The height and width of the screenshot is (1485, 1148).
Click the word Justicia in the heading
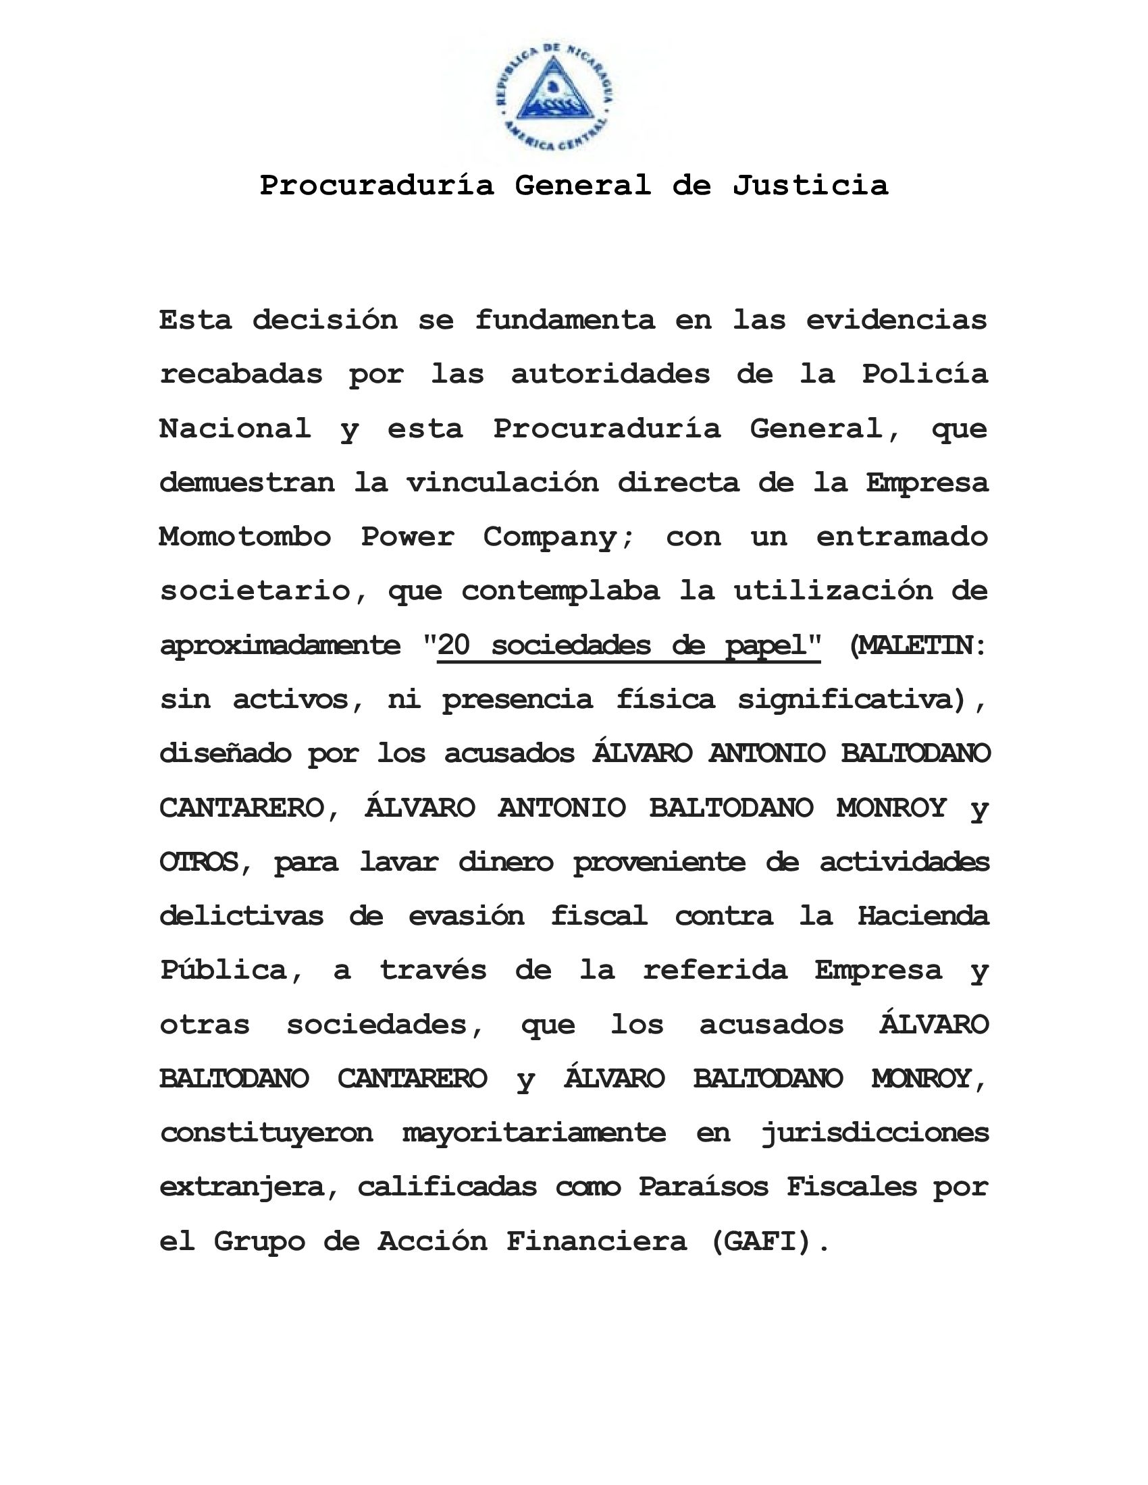click(810, 186)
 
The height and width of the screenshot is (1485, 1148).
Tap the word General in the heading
click(583, 186)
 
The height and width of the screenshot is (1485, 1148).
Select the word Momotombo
click(245, 537)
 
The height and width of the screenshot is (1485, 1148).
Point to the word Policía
click(925, 374)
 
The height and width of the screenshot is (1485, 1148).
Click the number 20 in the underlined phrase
click(454, 645)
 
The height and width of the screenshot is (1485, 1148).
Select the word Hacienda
click(923, 916)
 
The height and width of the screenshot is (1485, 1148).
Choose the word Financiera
click(596, 1241)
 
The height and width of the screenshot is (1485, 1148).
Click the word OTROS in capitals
click(199, 862)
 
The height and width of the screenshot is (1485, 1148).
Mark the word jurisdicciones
click(875, 1133)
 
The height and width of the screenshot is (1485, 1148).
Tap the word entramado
click(902, 537)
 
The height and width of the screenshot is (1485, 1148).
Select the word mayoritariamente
click(534, 1133)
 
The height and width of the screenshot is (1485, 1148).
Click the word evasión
click(467, 916)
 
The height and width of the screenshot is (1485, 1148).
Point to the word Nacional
click(235, 429)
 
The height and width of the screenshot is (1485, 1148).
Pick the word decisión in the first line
click(325, 319)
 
